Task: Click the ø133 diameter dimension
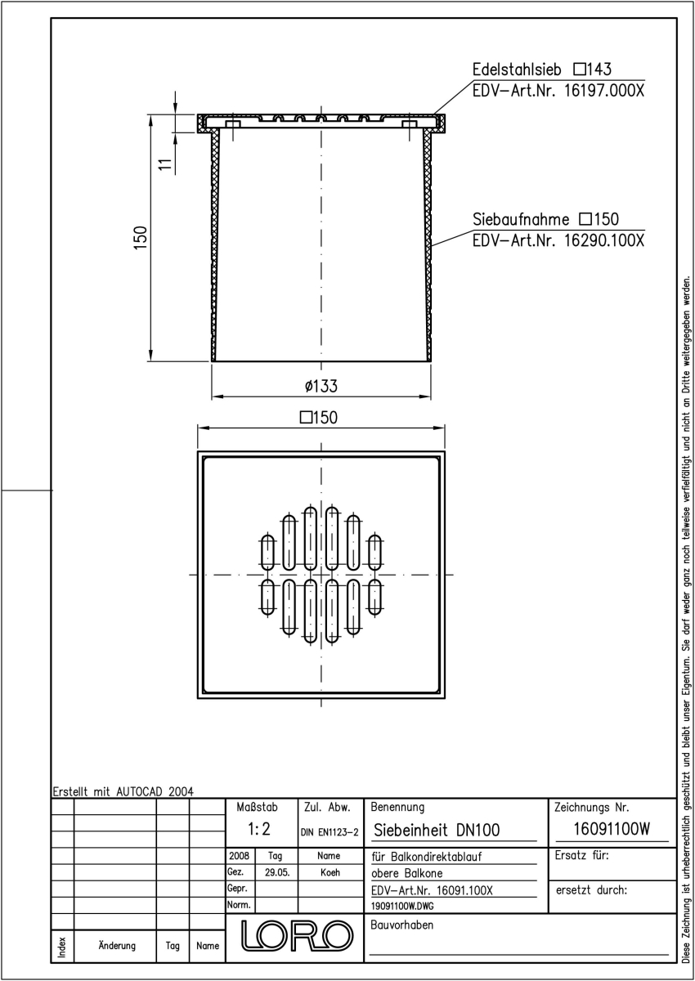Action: pyautogui.click(x=321, y=386)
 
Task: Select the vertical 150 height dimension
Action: pyautogui.click(x=140, y=238)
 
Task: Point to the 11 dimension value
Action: pyautogui.click(x=165, y=164)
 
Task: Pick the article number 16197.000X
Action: pyautogui.click(x=604, y=91)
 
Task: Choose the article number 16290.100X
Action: pyautogui.click(x=604, y=241)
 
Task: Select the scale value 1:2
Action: pyautogui.click(x=259, y=829)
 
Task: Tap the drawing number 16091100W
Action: pyautogui.click(x=612, y=829)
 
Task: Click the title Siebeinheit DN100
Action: pyautogui.click(x=436, y=830)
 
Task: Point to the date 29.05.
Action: pyautogui.click(x=277, y=872)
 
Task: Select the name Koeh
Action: pyautogui.click(x=330, y=872)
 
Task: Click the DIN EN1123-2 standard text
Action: pyautogui.click(x=330, y=832)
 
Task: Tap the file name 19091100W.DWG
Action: pyautogui.click(x=402, y=906)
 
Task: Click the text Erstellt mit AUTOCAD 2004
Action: pyautogui.click(x=123, y=791)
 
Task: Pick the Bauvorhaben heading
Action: pyautogui.click(x=402, y=925)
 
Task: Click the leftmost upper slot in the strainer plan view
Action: pyautogui.click(x=267, y=552)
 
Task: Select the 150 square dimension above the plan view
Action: pyautogui.click(x=319, y=418)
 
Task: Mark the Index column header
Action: pyautogui.click(x=62, y=947)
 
